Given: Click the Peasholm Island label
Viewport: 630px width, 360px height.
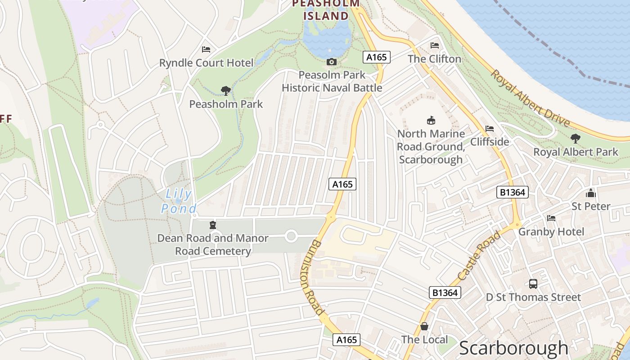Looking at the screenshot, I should tap(326, 10).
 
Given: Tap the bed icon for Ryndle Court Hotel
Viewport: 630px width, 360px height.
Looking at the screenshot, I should tap(206, 49).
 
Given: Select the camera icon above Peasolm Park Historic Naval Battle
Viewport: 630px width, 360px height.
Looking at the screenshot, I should tap(332, 62).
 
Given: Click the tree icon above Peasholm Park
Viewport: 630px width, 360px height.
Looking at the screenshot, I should tap(226, 91).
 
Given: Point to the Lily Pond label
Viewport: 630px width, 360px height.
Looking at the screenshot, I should tap(179, 201).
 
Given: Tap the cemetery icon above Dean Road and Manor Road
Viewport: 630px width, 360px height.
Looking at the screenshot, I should tap(213, 225).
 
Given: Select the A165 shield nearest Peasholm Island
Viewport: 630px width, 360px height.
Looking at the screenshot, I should tap(376, 57).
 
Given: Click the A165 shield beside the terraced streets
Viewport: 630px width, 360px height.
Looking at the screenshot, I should tap(342, 184).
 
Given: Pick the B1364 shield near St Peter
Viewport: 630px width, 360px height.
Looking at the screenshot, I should tap(512, 193).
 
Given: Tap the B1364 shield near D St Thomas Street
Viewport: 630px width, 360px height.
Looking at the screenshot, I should tap(445, 292).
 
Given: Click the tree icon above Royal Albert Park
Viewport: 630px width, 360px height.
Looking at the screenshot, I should tap(575, 138).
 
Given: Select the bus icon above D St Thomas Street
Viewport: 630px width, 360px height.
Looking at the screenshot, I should tap(533, 283).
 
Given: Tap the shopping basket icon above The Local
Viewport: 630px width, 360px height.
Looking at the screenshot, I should tap(424, 326).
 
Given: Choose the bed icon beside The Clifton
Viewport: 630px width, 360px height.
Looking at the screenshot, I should tap(435, 45).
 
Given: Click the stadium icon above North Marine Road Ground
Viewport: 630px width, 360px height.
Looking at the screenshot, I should tap(431, 120).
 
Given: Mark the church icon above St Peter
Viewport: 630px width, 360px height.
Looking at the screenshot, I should tap(591, 193).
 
